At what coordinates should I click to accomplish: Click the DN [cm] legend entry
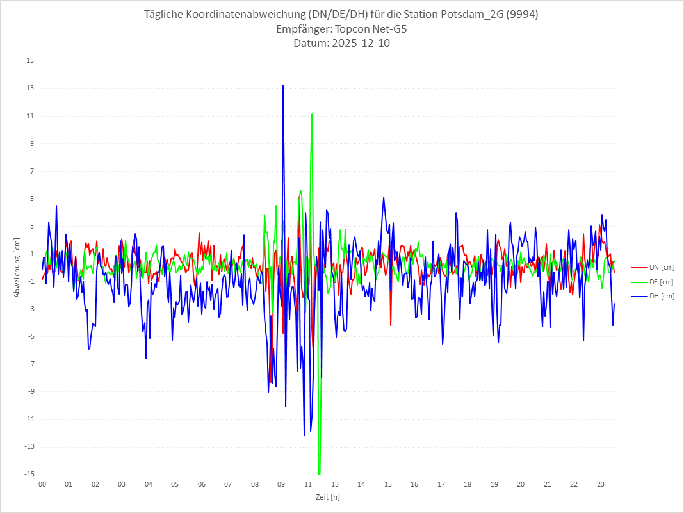point(652,267)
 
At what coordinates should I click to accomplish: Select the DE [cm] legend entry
point(652,282)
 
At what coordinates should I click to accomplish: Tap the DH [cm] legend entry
point(652,296)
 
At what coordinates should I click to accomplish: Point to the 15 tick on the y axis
point(30,61)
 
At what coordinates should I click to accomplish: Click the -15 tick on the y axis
point(29,475)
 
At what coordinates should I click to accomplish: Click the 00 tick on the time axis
point(42,484)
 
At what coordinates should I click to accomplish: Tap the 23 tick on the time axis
point(600,484)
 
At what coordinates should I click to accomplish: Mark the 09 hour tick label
point(281,484)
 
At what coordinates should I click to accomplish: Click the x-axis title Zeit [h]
point(327,496)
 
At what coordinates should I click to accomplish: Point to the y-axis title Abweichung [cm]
point(17,268)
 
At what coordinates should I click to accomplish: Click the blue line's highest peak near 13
point(283,85)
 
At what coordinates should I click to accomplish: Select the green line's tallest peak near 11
point(312,114)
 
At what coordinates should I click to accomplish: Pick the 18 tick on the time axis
point(468,484)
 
